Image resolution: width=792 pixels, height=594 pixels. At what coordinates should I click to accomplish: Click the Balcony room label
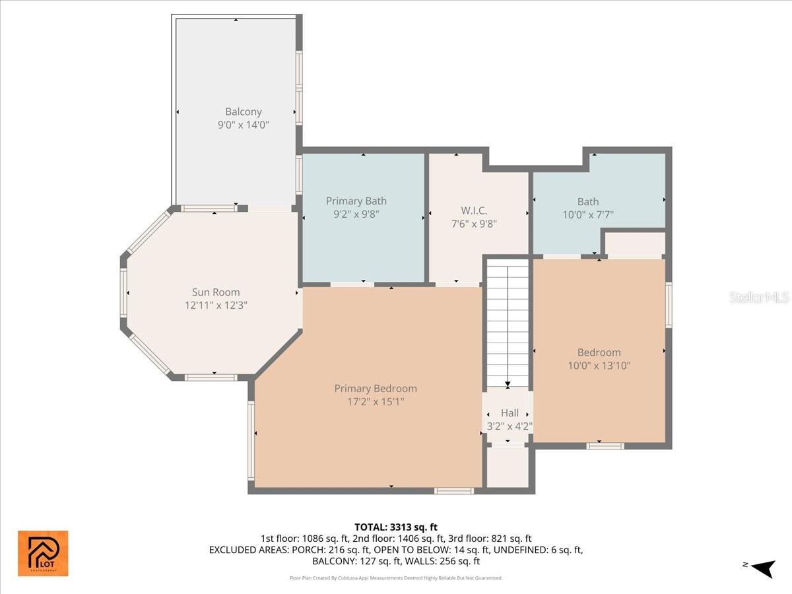[243, 112]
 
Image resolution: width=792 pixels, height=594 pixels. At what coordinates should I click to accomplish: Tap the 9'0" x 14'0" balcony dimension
[243, 124]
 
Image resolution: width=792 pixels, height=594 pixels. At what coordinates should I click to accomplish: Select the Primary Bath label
[356, 201]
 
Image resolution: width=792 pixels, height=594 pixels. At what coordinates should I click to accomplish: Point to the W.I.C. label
[474, 211]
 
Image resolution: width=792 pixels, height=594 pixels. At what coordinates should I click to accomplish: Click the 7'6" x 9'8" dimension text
[474, 223]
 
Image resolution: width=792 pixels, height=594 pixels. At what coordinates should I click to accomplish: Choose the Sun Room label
[216, 292]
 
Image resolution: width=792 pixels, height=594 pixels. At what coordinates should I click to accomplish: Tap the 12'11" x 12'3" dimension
[216, 305]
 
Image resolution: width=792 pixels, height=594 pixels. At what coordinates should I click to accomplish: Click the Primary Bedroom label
[375, 388]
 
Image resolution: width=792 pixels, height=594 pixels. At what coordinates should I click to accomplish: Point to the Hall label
[509, 413]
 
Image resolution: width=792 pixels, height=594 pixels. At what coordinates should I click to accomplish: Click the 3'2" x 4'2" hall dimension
[509, 426]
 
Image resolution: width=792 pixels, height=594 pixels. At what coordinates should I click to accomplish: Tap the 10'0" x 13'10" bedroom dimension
[599, 365]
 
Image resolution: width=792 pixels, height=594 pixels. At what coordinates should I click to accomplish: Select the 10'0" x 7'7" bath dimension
[587, 214]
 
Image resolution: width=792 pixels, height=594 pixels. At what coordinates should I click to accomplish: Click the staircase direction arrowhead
[508, 384]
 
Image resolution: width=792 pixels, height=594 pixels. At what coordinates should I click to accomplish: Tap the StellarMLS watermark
[758, 298]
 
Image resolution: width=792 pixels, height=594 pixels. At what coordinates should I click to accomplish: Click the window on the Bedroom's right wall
[669, 305]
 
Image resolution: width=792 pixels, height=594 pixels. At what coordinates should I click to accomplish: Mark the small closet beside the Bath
[635, 243]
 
